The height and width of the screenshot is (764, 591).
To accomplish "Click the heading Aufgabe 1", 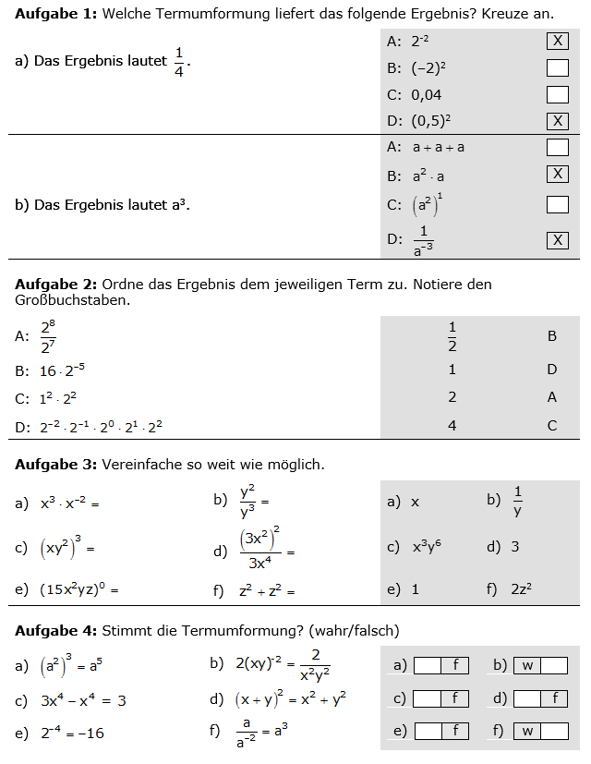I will point(55,13).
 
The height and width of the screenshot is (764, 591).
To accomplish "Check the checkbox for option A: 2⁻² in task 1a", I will point(557,41).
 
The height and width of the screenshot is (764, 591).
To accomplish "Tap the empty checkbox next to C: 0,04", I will point(557,94).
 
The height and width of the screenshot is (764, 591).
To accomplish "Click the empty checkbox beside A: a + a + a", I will point(557,147).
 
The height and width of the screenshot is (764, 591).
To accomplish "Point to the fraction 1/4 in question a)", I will point(179,61).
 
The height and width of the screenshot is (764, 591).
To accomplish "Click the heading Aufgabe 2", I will point(55,285).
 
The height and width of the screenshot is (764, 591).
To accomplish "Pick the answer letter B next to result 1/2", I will point(552,336).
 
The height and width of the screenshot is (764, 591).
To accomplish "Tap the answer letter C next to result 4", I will point(552,426).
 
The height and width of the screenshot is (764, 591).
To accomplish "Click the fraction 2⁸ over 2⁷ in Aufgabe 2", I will point(49,336).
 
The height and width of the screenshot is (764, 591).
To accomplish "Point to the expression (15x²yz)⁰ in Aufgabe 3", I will point(78,589).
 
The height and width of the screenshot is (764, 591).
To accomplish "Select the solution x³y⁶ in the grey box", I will point(427,547).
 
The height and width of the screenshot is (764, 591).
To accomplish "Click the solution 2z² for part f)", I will point(522,589).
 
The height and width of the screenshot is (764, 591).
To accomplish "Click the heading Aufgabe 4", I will point(55,631).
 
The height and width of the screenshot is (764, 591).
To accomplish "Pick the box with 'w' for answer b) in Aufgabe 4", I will point(527,665).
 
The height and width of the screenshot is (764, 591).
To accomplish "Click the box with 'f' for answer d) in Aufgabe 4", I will point(554,698).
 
